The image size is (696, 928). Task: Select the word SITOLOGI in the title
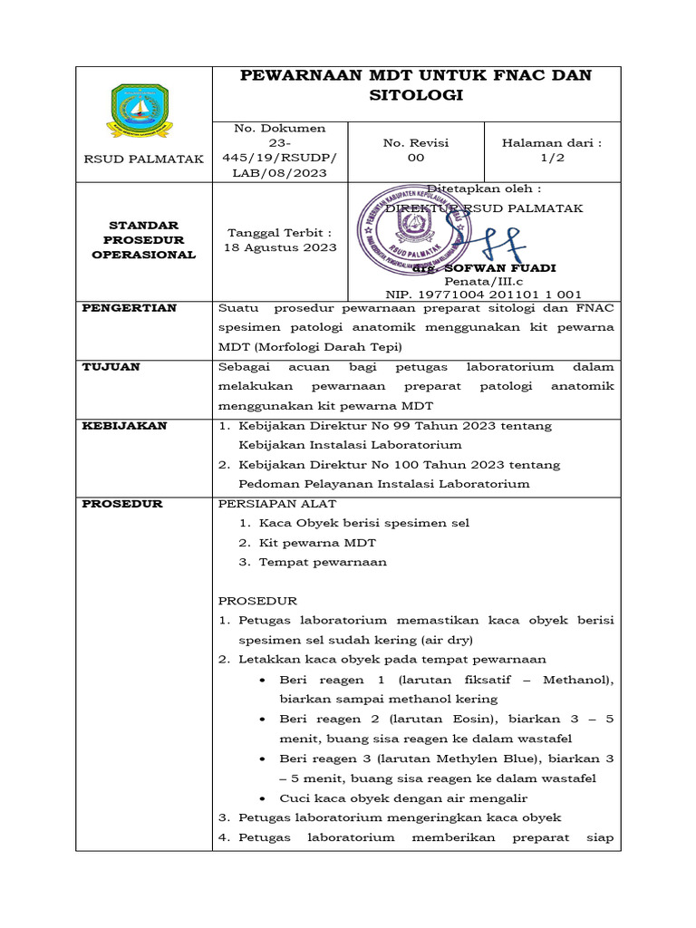tap(416, 95)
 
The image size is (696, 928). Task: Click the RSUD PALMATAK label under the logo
tap(143, 159)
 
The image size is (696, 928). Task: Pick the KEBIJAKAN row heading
tap(125, 426)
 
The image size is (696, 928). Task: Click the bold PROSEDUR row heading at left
tap(122, 504)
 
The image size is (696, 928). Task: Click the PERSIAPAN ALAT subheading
tap(277, 504)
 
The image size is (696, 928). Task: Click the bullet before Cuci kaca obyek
tap(262, 798)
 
